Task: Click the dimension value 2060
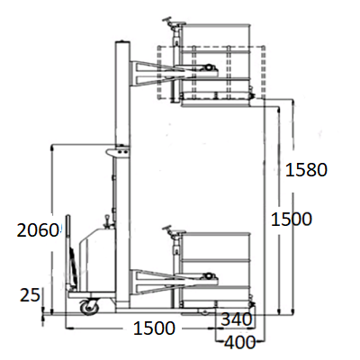pos(37,230)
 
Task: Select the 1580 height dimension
pos(306,170)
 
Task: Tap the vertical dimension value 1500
pos(292,219)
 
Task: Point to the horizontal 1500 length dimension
pos(154,328)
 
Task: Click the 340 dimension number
pos(237,319)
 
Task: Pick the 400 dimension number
pos(240,342)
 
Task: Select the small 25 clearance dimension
pos(30,295)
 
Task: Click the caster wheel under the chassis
pos(89,307)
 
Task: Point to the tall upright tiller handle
pos(68,253)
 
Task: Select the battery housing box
pos(97,259)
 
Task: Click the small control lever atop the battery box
pos(106,220)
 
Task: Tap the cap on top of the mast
pos(122,41)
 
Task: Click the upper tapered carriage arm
pos(156,73)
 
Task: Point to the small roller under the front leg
pos(205,313)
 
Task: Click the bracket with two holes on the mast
pos(118,151)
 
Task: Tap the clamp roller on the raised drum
pos(208,67)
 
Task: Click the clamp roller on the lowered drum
pos(208,276)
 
